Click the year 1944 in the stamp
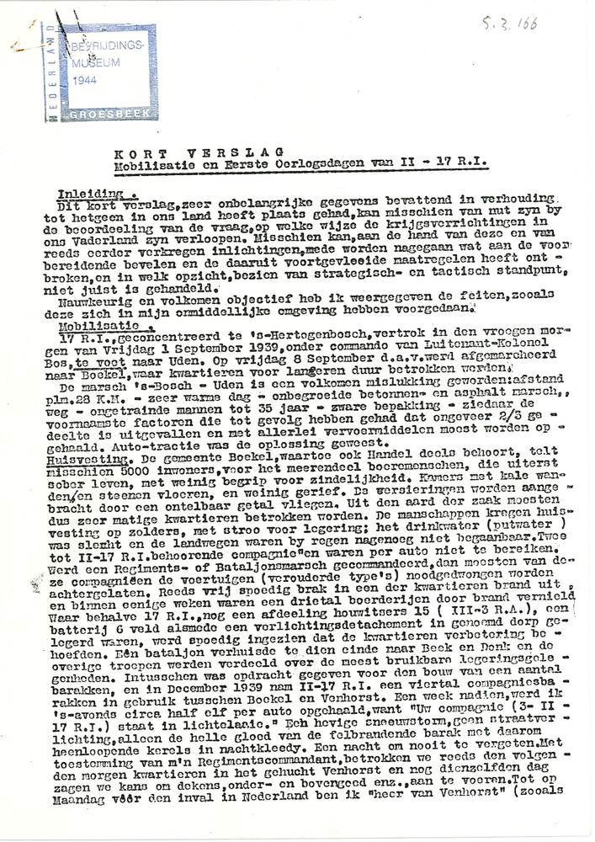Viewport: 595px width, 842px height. [x=86, y=81]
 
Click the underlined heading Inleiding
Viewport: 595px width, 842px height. [x=98, y=192]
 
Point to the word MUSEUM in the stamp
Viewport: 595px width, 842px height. [x=95, y=63]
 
